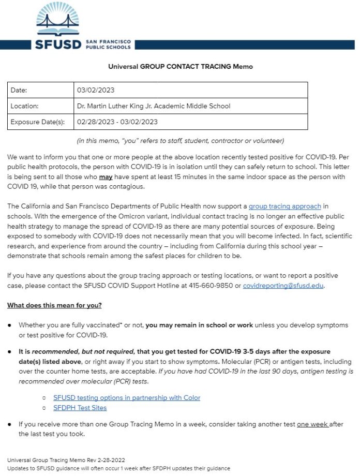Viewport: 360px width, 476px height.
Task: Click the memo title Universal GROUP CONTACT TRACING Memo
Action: click(x=180, y=67)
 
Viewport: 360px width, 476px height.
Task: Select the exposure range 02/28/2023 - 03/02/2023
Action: click(x=117, y=122)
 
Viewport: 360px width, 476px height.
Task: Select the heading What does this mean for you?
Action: click(x=54, y=305)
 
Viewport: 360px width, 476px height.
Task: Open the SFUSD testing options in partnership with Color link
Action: click(x=127, y=398)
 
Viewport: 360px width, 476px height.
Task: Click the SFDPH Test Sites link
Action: click(x=80, y=408)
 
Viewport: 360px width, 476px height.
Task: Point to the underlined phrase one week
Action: click(x=312, y=424)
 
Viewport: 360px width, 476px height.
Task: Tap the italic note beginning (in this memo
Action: click(x=180, y=141)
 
